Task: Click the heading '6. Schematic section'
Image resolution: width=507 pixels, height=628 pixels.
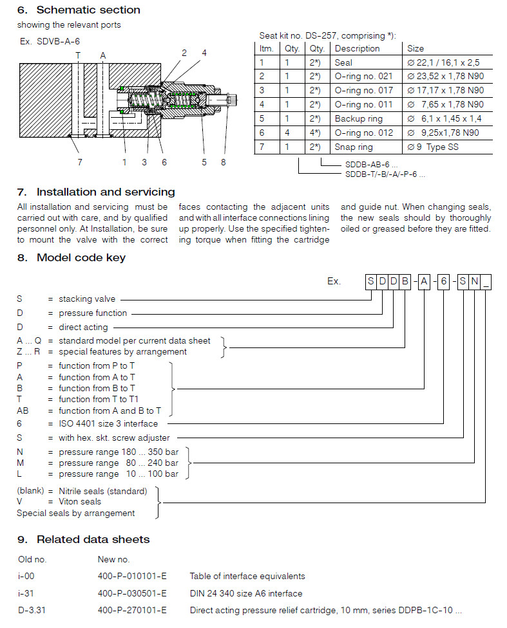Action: (x=79, y=10)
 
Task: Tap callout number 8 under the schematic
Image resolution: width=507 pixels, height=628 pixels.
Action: (x=224, y=162)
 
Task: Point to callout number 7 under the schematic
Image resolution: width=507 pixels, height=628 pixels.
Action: (x=80, y=162)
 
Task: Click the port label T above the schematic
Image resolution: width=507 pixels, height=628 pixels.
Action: (x=78, y=56)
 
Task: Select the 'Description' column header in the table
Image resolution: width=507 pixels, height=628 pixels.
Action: (x=357, y=48)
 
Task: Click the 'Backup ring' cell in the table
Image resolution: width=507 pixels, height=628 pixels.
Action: (x=358, y=118)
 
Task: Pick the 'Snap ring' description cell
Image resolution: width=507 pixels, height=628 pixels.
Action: (x=354, y=147)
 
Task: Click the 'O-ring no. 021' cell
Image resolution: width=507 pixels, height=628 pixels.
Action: (x=363, y=77)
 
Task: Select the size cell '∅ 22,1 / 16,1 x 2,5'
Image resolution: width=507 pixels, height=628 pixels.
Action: (x=443, y=62)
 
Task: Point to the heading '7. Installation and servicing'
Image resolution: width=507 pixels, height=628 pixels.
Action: (x=96, y=192)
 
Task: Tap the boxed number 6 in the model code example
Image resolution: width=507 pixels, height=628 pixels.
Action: (x=444, y=281)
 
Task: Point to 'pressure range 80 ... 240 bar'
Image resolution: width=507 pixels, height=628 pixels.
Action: (x=119, y=463)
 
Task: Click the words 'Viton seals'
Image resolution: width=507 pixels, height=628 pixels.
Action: (x=80, y=501)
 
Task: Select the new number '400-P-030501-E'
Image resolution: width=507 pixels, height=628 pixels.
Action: (x=132, y=593)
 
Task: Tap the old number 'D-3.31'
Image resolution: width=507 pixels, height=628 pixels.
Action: (x=30, y=610)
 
